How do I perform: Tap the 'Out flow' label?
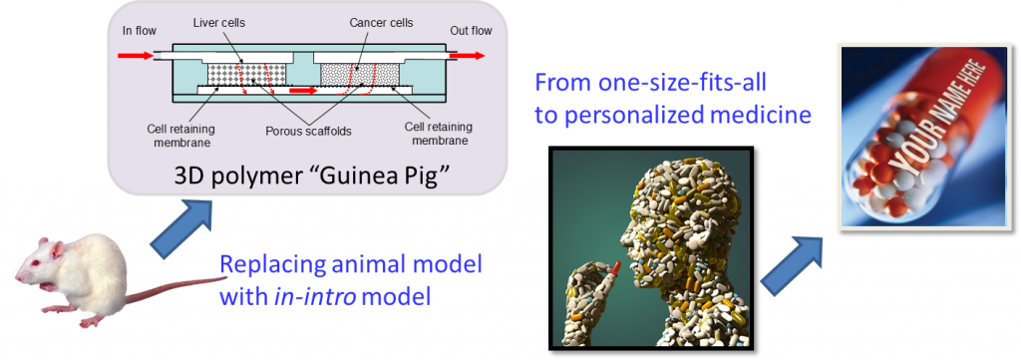click(471, 31)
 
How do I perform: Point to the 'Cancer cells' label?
click(381, 24)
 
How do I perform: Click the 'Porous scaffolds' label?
click(308, 131)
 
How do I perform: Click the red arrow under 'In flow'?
click(136, 56)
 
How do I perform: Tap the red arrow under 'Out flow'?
click(467, 56)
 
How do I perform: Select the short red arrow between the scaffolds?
click(303, 91)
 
